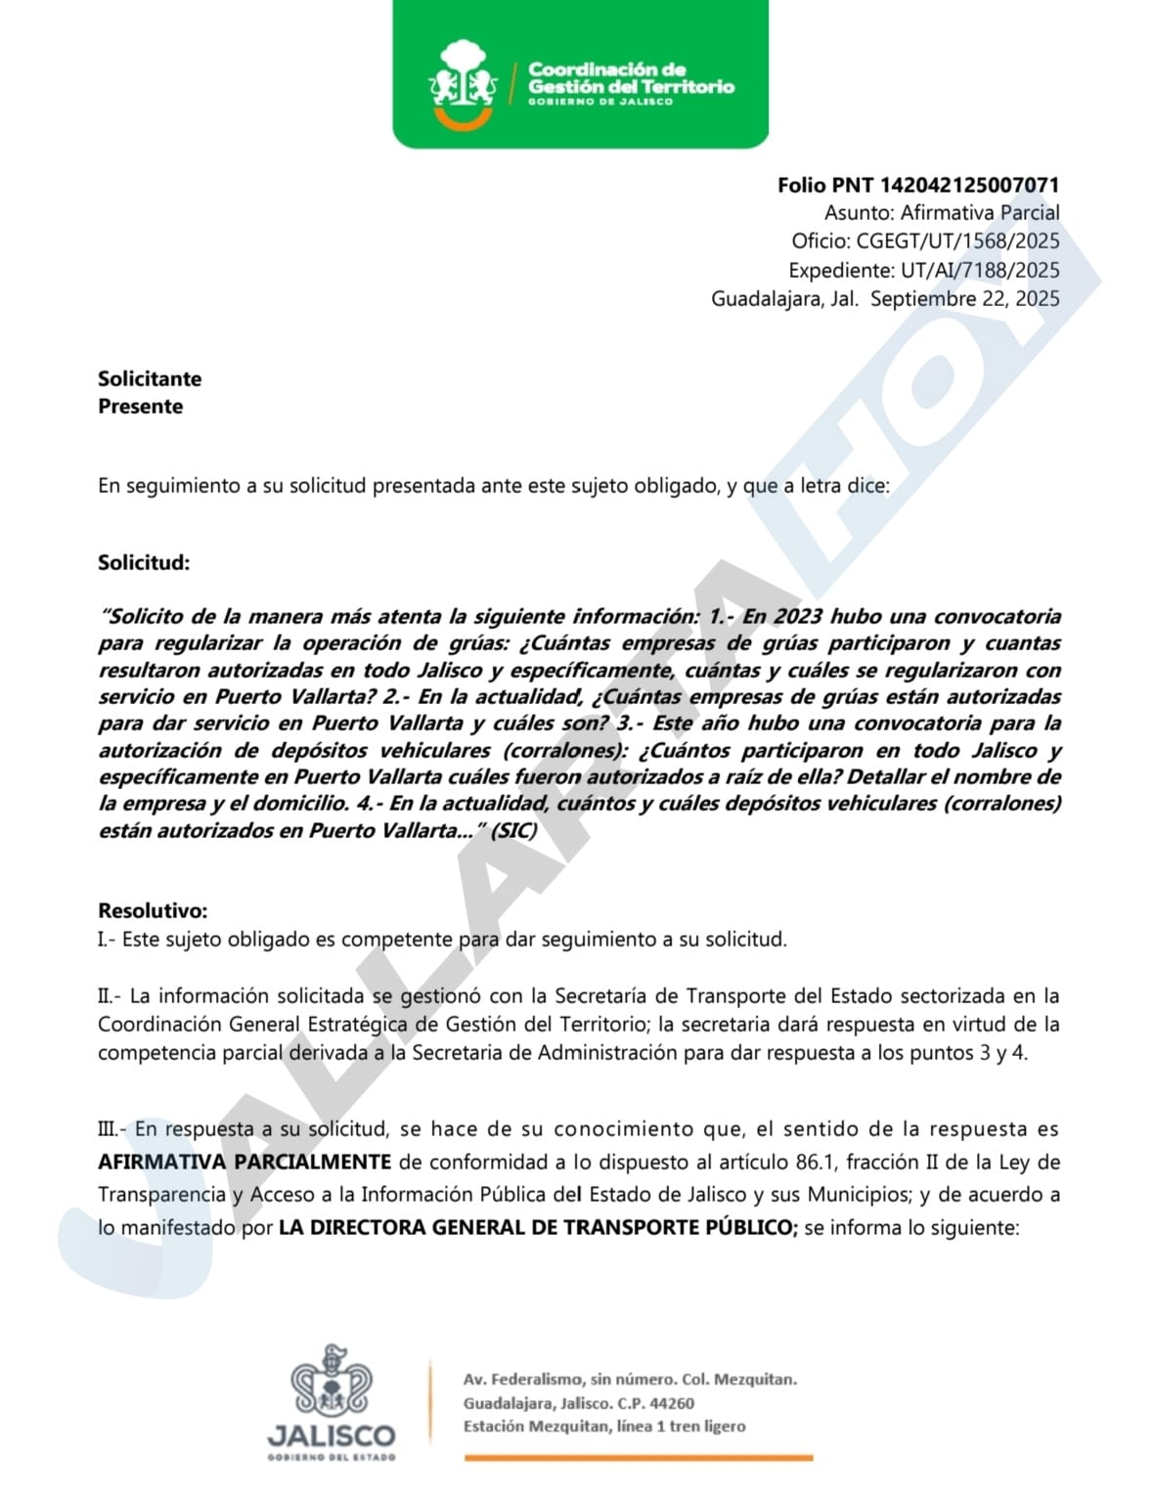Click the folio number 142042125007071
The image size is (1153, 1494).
(969, 185)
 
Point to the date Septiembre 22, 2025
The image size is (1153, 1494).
(964, 298)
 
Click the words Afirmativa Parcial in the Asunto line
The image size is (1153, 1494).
(980, 213)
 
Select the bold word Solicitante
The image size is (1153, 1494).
(150, 378)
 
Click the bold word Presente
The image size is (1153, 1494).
(140, 406)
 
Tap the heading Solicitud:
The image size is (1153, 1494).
(144, 562)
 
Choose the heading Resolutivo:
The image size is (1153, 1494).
(153, 910)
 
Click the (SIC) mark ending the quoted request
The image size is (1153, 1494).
(513, 830)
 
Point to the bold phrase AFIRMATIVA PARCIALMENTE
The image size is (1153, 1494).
(244, 1162)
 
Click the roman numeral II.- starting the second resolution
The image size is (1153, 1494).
(110, 996)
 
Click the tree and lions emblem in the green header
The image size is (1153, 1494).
(463, 83)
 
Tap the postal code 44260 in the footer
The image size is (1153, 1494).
(672, 1403)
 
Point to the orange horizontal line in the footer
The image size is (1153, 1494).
(638, 1458)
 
